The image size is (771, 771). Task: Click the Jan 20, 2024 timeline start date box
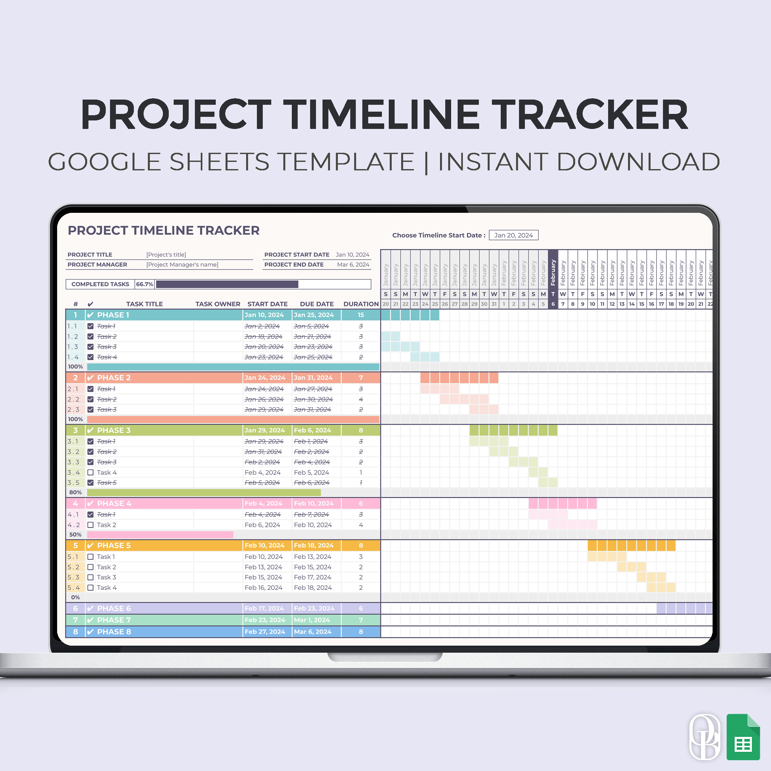(513, 235)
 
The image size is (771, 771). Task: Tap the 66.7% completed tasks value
(145, 284)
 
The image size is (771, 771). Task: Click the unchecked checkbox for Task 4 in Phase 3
(91, 473)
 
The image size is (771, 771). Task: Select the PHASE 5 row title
(114, 545)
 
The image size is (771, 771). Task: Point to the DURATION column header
(361, 304)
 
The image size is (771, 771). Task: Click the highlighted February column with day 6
(553, 279)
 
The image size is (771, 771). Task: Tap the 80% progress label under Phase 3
(75, 493)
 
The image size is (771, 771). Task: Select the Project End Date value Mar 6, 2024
(353, 265)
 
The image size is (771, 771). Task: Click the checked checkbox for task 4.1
(91, 515)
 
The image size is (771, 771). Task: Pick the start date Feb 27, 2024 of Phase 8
(265, 632)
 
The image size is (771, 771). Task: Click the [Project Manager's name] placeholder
(182, 265)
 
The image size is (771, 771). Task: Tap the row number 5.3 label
(73, 577)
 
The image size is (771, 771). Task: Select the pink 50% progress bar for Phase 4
(160, 535)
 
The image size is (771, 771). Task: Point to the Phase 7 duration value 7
(361, 620)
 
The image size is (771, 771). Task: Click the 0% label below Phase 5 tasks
(75, 597)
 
